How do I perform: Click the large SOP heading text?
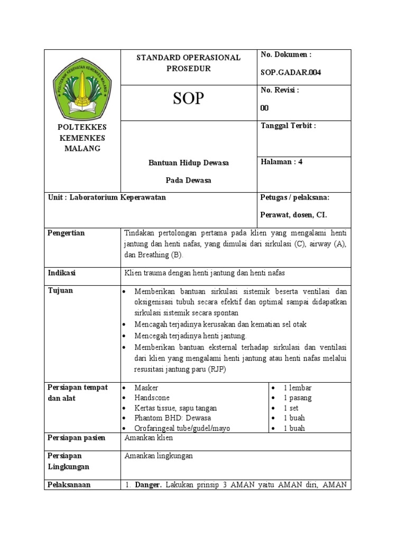coord(189,98)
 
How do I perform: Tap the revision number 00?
coord(265,108)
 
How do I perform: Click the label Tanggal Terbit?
coord(288,125)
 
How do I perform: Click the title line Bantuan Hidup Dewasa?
coord(188,163)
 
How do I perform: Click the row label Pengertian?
coord(66,233)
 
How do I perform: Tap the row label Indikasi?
coord(62,273)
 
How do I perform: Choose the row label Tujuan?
coord(61,291)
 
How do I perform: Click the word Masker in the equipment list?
coord(146,388)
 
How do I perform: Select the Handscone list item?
coord(151,398)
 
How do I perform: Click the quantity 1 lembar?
coord(298,388)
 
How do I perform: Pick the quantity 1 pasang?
coord(298,398)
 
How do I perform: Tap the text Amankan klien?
coord(149,438)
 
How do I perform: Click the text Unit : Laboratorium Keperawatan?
coord(107,197)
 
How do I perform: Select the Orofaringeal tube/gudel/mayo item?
coord(182,428)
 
